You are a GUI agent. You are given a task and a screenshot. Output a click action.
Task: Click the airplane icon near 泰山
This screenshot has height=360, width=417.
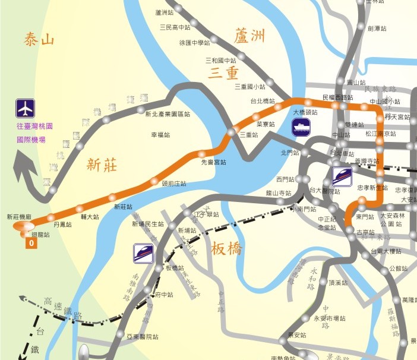(x=25, y=109)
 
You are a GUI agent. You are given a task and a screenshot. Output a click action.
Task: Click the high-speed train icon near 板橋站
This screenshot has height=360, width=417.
(x=144, y=252)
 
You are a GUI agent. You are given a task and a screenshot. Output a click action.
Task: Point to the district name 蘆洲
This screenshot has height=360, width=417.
(x=249, y=36)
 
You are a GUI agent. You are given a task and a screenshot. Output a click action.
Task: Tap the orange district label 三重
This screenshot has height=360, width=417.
(x=223, y=72)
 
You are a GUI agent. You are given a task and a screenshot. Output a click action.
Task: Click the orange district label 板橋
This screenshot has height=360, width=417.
(x=227, y=250)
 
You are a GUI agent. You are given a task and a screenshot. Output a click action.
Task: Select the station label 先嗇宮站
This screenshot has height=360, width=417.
(x=214, y=162)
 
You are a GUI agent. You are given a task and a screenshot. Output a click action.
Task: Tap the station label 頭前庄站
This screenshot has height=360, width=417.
(x=174, y=184)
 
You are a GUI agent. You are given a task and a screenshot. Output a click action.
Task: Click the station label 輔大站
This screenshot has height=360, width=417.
(x=90, y=217)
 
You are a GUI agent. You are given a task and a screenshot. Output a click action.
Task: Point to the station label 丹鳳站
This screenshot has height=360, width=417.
(x=62, y=225)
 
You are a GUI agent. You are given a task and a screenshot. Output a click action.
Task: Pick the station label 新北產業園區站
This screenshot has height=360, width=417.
(x=168, y=113)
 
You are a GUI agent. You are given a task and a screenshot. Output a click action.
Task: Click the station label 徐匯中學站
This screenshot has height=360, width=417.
(x=194, y=43)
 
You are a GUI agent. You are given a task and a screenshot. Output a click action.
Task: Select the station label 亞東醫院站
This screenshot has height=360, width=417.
(x=142, y=337)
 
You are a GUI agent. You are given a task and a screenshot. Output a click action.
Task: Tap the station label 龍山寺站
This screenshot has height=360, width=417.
(x=278, y=193)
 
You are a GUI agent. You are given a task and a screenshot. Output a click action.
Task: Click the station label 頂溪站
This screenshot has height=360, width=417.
(x=338, y=283)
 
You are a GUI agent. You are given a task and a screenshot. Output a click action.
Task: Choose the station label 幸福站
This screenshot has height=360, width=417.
(x=160, y=135)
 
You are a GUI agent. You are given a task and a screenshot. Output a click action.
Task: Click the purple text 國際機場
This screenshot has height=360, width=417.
(x=31, y=141)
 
